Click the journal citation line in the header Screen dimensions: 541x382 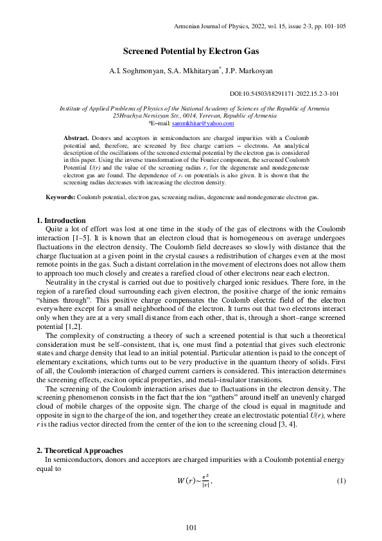tap(260, 26)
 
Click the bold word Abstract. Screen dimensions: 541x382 tap(76, 138)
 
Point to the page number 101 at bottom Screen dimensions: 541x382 tap(191, 528)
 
